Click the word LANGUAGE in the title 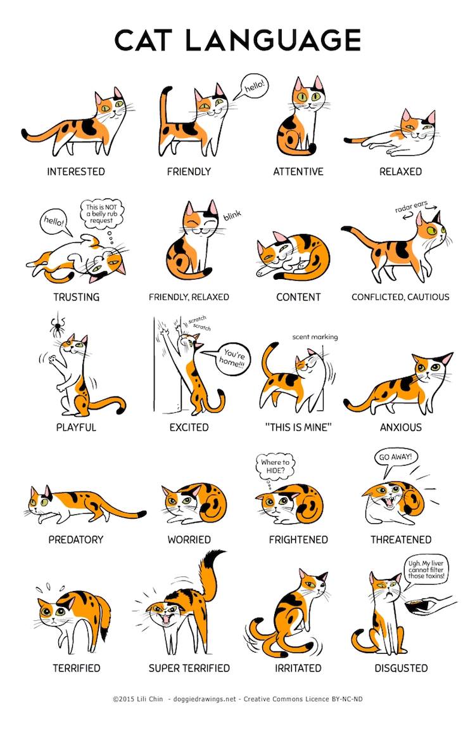[x=274, y=40]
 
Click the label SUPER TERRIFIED [x=189, y=668]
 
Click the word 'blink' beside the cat [x=232, y=215]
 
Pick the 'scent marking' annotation [x=315, y=337]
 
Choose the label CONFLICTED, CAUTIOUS [x=400, y=297]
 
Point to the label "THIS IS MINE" [x=298, y=427]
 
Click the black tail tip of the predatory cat [x=141, y=514]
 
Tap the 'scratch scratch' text [x=199, y=323]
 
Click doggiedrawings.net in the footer [x=205, y=699]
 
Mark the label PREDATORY [x=76, y=540]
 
